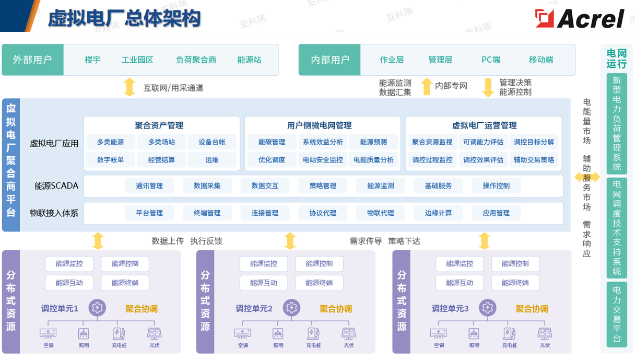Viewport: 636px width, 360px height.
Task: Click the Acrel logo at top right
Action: pos(580,18)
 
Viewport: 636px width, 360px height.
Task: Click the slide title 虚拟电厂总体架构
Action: pos(124,19)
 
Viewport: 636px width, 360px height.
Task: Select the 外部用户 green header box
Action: pos(32,60)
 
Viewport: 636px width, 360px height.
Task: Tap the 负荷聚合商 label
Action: pos(196,60)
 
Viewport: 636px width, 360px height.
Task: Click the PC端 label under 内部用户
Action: pos(490,60)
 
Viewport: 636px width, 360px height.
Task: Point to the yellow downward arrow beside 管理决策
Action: pos(488,87)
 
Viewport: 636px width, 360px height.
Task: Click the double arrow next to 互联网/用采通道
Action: pos(129,87)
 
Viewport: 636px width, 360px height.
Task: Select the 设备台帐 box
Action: pos(211,142)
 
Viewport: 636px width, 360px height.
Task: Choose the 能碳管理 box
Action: pos(272,142)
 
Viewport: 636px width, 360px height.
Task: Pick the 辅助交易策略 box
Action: pos(534,160)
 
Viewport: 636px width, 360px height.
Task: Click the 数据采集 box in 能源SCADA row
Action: pos(207,185)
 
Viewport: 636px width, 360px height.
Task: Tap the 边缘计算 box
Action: pos(438,213)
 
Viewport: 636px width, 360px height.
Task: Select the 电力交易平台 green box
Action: pos(617,315)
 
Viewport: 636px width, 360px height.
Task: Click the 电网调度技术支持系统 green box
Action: pos(617,228)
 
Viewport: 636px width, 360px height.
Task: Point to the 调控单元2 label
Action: pos(254,309)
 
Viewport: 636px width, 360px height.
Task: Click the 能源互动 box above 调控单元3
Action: pos(460,283)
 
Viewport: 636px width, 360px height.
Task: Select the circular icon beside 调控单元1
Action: pos(97,308)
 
